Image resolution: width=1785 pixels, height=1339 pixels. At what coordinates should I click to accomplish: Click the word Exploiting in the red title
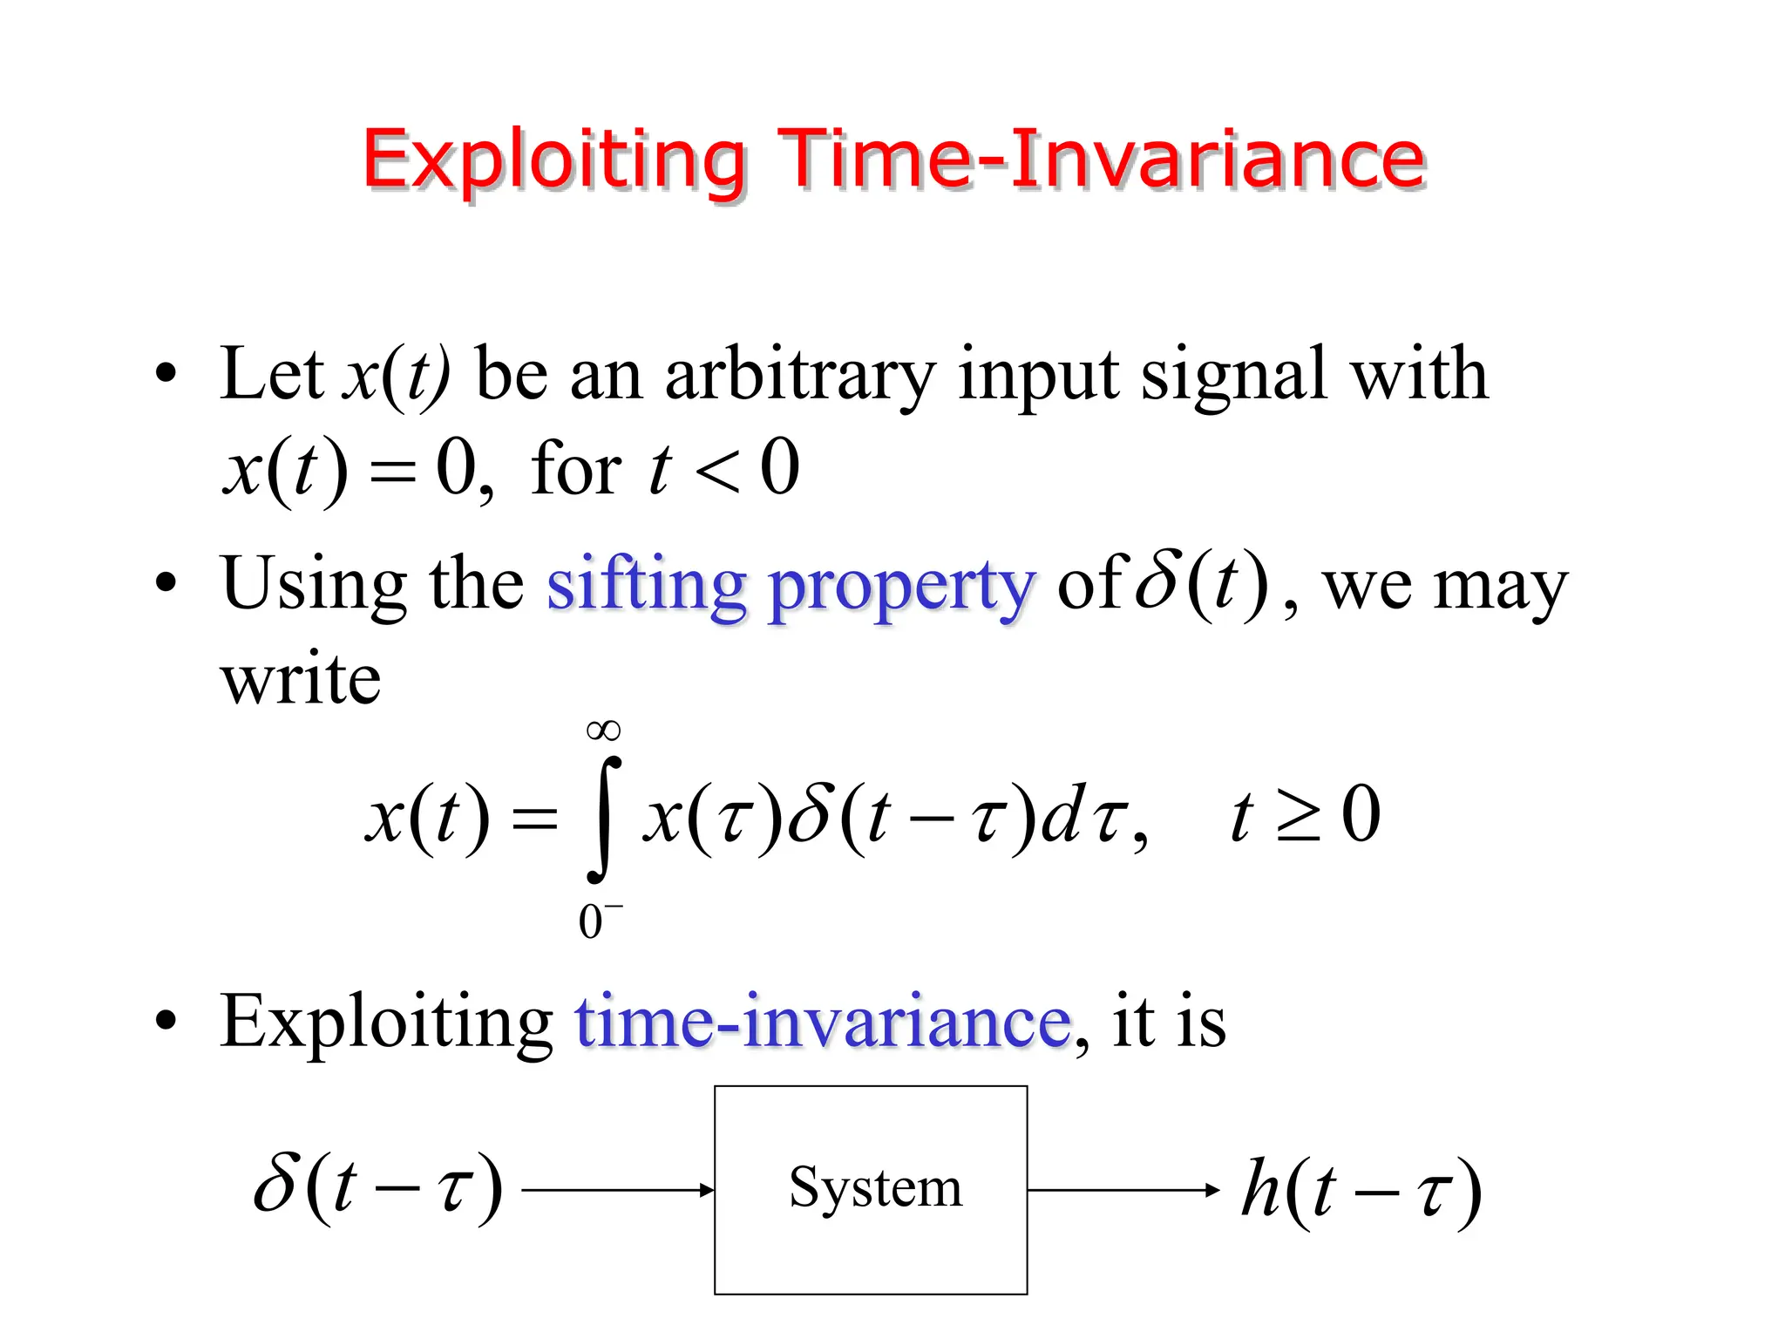pos(554,160)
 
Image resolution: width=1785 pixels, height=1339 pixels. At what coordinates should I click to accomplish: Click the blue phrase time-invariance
pos(823,1022)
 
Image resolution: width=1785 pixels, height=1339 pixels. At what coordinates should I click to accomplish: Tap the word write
pos(301,679)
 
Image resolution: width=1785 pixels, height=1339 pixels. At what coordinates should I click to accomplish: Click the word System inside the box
pos(875,1187)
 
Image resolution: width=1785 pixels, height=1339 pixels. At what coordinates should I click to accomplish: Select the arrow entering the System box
pos(618,1190)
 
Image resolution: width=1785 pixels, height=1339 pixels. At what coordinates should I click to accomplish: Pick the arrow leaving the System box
pos(1123,1190)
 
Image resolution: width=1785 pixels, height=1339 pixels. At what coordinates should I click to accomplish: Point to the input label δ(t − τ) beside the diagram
pos(377,1187)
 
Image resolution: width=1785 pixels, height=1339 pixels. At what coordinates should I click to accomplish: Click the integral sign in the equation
pos(604,819)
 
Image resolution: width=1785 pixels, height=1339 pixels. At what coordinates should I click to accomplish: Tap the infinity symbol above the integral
pos(604,731)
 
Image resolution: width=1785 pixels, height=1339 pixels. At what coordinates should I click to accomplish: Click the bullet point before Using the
pos(166,583)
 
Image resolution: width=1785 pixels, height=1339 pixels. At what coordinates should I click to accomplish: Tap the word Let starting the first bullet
pos(271,375)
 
